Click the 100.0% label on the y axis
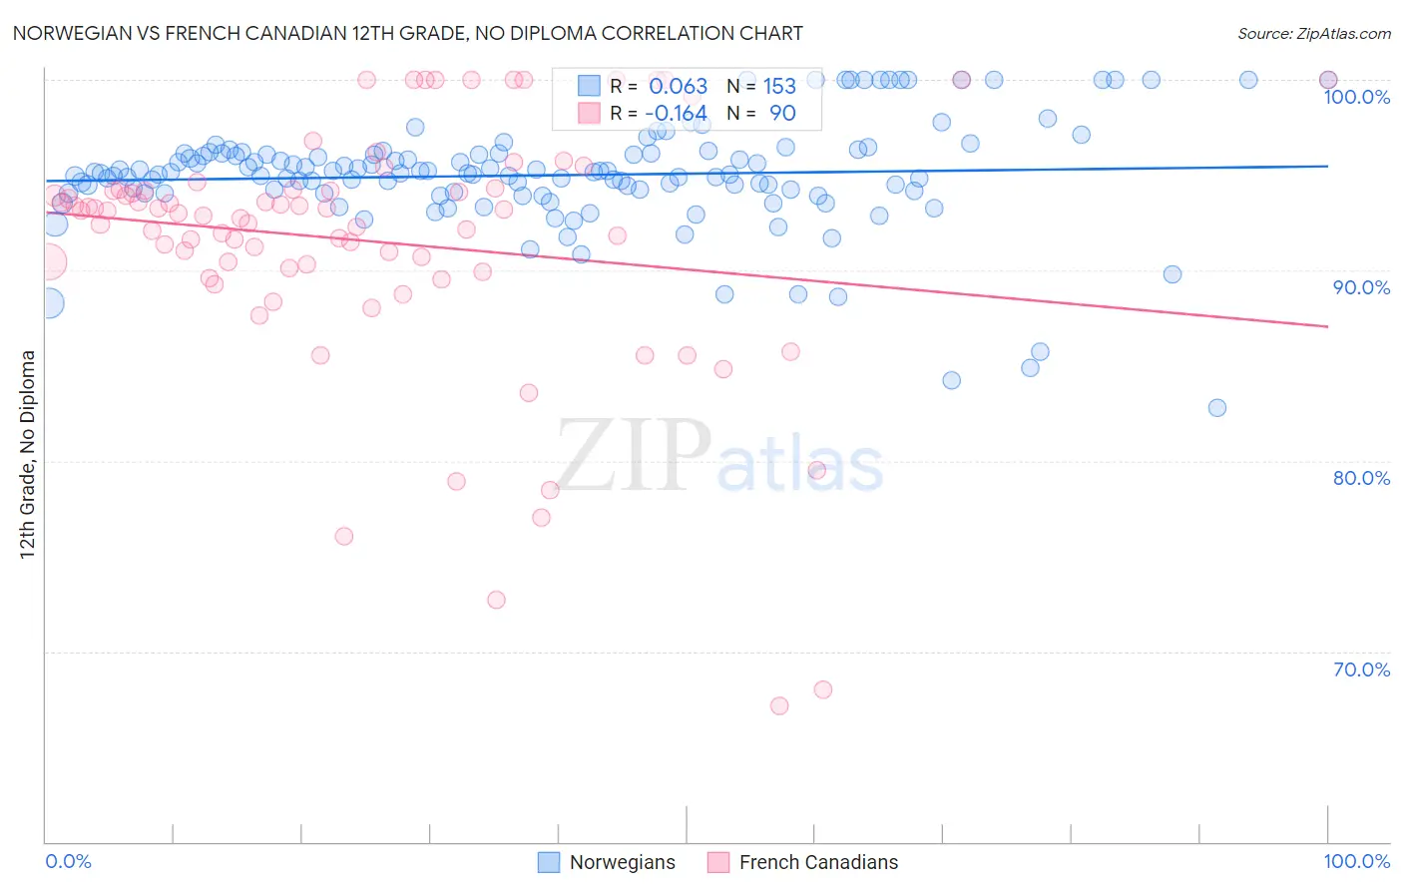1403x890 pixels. [x=1356, y=98]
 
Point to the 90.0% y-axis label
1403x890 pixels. [x=1361, y=287]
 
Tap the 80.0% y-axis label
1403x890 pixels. [x=1361, y=478]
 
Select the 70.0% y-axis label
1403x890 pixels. [x=1361, y=669]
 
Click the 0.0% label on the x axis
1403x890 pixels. [x=69, y=861]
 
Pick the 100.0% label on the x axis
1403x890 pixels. [x=1356, y=861]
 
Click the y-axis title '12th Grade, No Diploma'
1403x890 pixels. [x=27, y=454]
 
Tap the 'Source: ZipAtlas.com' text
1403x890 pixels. [x=1313, y=34]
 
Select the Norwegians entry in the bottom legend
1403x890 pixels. [x=622, y=862]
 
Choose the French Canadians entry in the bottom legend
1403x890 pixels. [x=818, y=862]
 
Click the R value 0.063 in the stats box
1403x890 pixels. [x=678, y=87]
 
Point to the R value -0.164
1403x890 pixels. [x=676, y=114]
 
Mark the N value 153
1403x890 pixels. [x=779, y=87]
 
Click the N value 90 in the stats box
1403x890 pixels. [x=782, y=114]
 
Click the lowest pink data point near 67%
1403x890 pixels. [x=779, y=705]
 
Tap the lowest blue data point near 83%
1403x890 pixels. [x=1216, y=407]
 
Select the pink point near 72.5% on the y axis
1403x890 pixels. [x=496, y=600]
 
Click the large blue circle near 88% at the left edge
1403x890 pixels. [x=49, y=303]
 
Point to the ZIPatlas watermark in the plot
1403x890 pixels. [x=719, y=456]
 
